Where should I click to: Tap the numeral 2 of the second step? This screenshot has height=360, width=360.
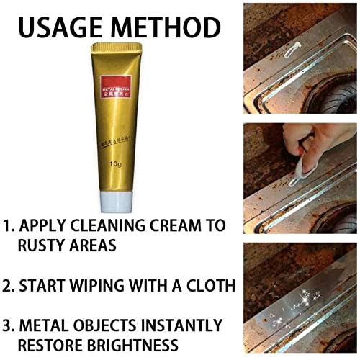pos(8,286)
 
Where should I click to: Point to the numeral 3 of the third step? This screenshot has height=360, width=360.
pos(8,325)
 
